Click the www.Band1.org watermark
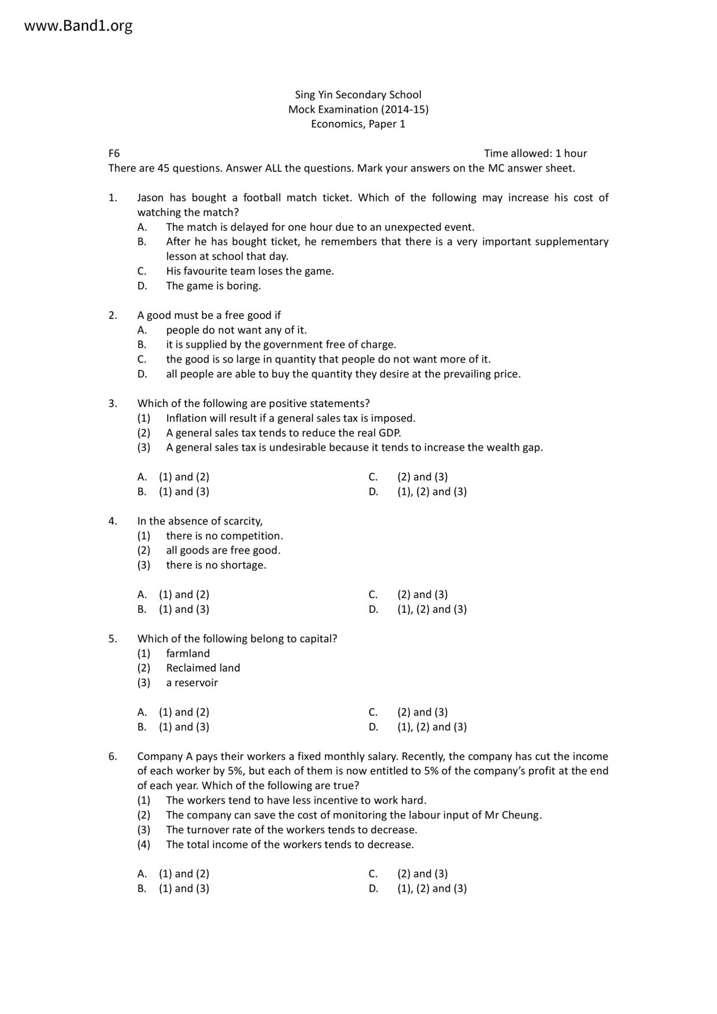click(79, 26)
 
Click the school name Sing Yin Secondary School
click(358, 95)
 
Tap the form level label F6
click(114, 153)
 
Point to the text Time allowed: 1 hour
click(535, 153)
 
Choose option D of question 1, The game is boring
click(213, 286)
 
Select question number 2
click(112, 315)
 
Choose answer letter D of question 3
click(373, 491)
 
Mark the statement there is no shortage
click(216, 565)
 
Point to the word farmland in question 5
click(188, 653)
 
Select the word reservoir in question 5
click(197, 683)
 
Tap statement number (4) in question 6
click(143, 845)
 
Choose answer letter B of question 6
click(142, 889)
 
